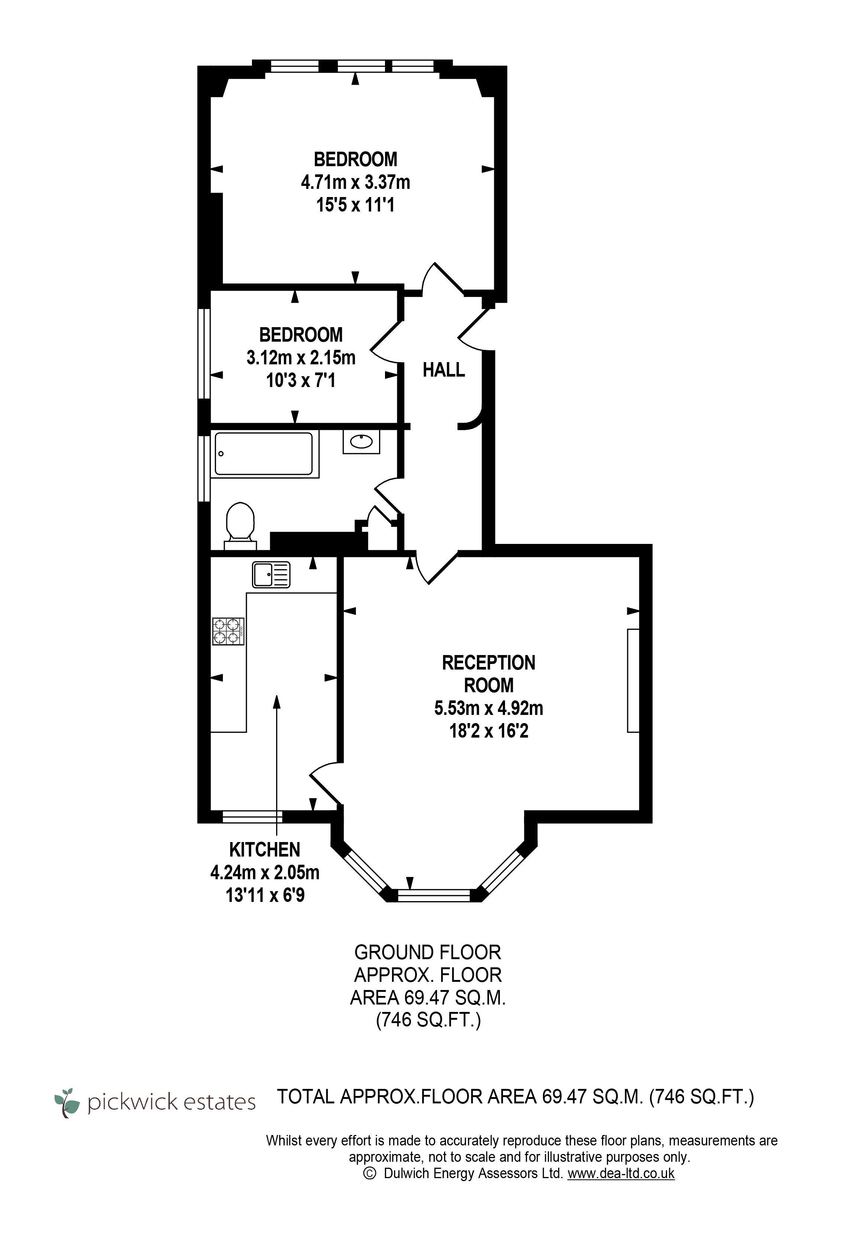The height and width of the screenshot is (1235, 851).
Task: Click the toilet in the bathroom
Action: [240, 525]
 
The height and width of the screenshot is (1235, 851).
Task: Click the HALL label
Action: [444, 370]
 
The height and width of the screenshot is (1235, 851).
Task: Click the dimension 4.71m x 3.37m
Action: [355, 183]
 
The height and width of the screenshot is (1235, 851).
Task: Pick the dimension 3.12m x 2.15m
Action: [301, 357]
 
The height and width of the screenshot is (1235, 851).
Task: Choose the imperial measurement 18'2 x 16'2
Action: [488, 731]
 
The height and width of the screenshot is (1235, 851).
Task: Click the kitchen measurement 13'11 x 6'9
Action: [265, 894]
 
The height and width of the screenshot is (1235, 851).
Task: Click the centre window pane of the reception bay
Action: [434, 895]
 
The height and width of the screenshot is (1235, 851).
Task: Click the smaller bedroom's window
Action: [204, 353]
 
